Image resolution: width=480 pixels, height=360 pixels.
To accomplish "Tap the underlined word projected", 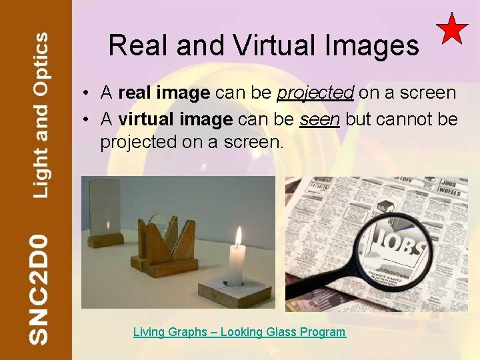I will click(x=315, y=93).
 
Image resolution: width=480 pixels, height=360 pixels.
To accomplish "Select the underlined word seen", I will click(x=320, y=119).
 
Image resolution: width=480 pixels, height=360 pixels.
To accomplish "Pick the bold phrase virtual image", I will click(x=175, y=119).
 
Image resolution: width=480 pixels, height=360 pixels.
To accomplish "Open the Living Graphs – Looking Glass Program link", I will click(x=239, y=332).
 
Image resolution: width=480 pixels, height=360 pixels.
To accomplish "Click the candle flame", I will click(x=238, y=236).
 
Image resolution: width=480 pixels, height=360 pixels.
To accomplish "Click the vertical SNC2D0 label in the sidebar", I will click(x=39, y=288).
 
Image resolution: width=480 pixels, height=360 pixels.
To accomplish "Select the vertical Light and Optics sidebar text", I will click(x=41, y=115).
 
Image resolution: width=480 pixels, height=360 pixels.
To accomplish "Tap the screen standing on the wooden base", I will click(x=106, y=206).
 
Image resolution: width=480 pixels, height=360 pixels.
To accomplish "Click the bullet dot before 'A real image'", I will click(x=87, y=93).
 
